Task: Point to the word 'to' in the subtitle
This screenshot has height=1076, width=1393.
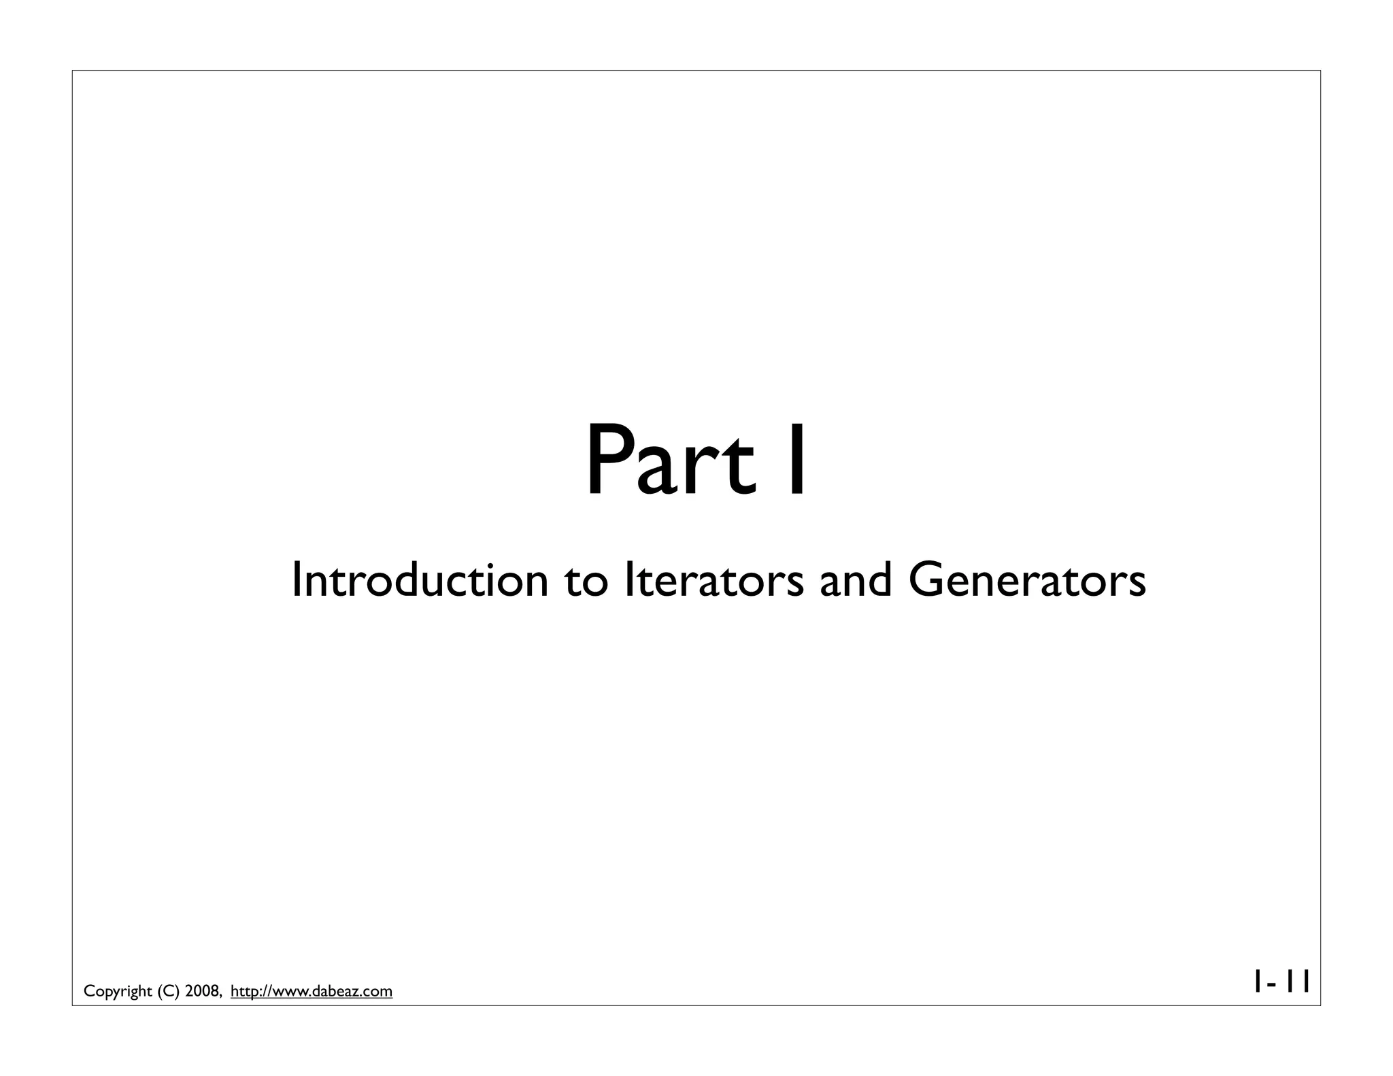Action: click(586, 582)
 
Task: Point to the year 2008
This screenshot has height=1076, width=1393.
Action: click(203, 991)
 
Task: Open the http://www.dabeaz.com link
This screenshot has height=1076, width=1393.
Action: click(312, 991)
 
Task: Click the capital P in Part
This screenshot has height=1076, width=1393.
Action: click(609, 460)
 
